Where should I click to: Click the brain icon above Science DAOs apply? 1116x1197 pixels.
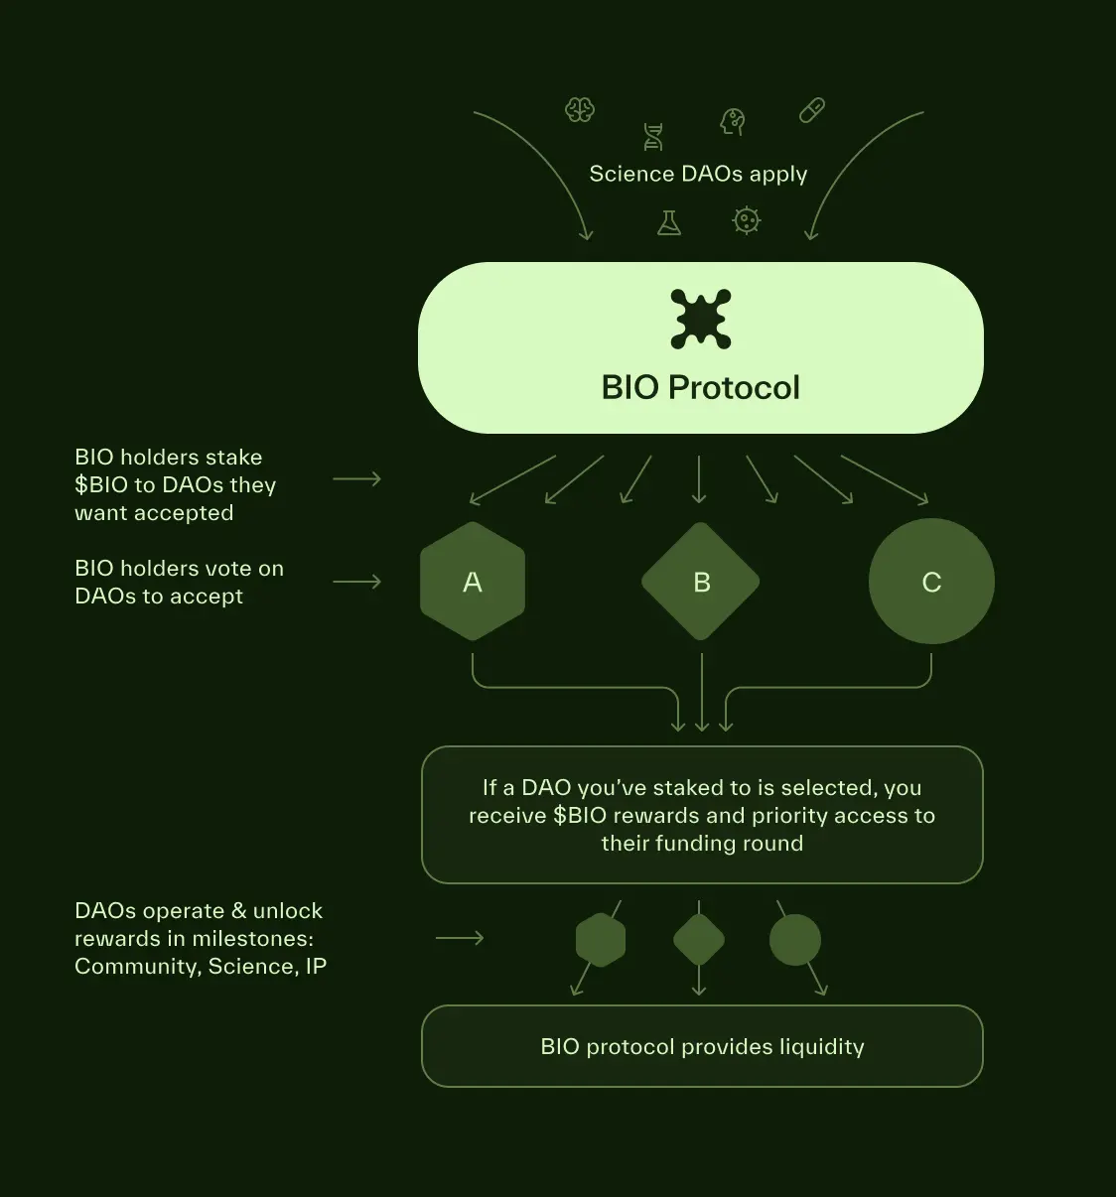click(580, 109)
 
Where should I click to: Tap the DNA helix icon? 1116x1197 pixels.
click(653, 137)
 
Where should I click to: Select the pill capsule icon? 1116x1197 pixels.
click(812, 110)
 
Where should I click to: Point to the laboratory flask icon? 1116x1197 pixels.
click(669, 222)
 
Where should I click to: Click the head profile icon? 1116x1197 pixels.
click(733, 121)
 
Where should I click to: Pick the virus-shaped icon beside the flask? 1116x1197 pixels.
click(746, 220)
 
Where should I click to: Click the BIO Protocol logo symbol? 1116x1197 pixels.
click(701, 319)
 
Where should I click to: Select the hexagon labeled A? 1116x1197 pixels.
click(473, 582)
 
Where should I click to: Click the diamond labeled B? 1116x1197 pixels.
click(701, 582)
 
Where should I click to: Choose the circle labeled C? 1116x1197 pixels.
click(931, 582)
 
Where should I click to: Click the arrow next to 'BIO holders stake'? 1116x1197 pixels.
click(356, 479)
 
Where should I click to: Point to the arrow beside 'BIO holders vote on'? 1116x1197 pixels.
click(356, 582)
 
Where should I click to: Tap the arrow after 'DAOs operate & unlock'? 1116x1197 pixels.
click(460, 938)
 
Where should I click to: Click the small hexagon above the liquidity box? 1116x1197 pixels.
click(601, 940)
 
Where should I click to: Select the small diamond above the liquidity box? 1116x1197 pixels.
click(699, 940)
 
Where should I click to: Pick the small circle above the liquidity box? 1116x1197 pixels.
click(795, 940)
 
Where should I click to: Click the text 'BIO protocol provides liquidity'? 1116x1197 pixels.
click(702, 1047)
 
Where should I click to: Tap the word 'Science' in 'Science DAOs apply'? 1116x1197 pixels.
click(631, 174)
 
